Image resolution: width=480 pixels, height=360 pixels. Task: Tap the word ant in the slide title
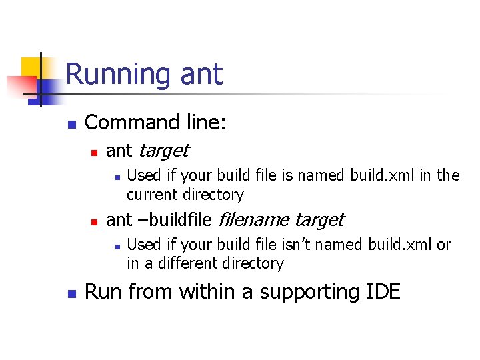pyautogui.click(x=201, y=74)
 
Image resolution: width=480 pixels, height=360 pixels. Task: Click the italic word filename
pyautogui.click(x=254, y=219)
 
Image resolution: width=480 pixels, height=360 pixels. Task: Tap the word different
pyautogui.click(x=189, y=263)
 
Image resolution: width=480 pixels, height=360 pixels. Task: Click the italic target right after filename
pyautogui.click(x=319, y=219)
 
